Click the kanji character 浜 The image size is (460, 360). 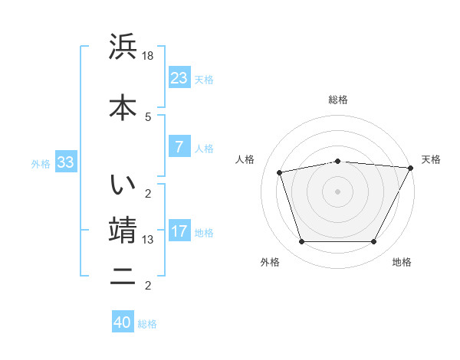point(123,47)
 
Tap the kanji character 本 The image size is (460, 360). point(123,107)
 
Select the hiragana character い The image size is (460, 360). point(123,185)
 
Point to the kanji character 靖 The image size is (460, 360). point(123,230)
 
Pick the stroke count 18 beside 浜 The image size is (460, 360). point(149,56)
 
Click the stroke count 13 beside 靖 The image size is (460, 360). point(149,240)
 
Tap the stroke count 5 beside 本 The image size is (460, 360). point(148,116)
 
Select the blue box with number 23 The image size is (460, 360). point(179,78)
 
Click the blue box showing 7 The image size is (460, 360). point(179,147)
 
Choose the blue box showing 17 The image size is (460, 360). point(179,231)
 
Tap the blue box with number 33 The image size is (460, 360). point(65,162)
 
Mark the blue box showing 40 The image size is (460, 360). point(122,322)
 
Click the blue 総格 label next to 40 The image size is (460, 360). point(147,324)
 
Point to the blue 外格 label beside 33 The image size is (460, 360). point(41,163)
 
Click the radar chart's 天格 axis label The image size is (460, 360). point(431,159)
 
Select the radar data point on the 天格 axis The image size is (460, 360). point(412,168)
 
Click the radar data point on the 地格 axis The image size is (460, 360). point(373,242)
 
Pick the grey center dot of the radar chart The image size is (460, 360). point(337,191)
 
